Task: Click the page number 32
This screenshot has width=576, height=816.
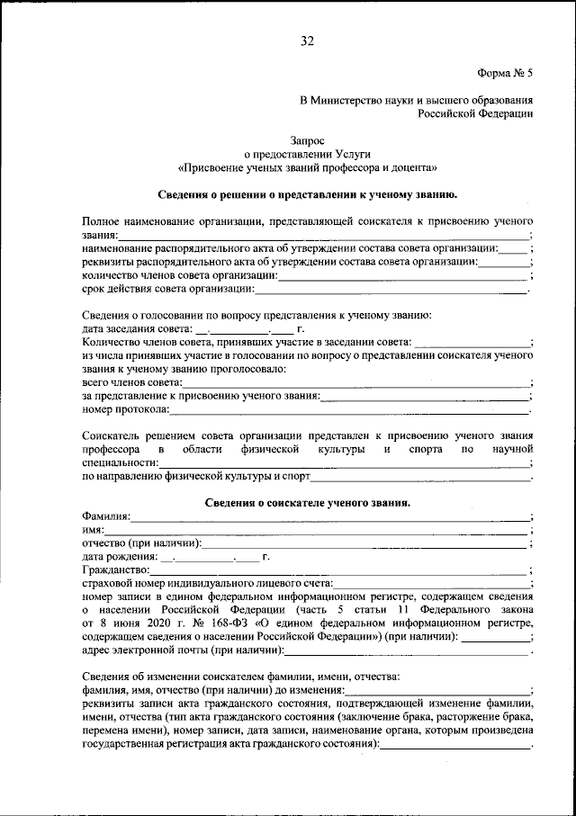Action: [x=307, y=40]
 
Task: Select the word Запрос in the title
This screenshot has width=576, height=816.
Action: [x=307, y=139]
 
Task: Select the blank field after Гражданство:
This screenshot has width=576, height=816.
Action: [x=338, y=570]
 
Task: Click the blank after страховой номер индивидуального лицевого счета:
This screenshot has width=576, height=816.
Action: [x=431, y=584]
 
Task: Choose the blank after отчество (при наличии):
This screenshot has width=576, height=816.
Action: [x=364, y=544]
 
